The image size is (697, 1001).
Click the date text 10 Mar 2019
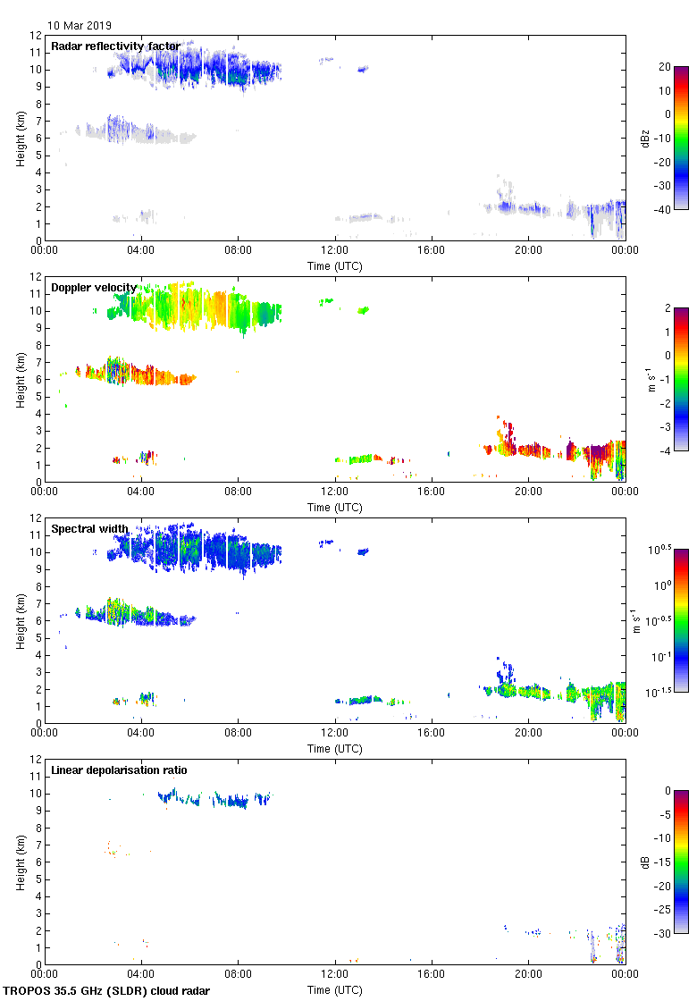click(x=80, y=26)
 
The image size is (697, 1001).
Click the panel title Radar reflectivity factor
click(x=115, y=46)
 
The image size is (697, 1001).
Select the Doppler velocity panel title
click(x=93, y=288)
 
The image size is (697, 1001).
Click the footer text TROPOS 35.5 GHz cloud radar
click(x=107, y=991)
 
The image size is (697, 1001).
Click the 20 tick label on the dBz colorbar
click(x=666, y=67)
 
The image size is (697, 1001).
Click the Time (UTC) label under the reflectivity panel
click(x=335, y=265)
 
